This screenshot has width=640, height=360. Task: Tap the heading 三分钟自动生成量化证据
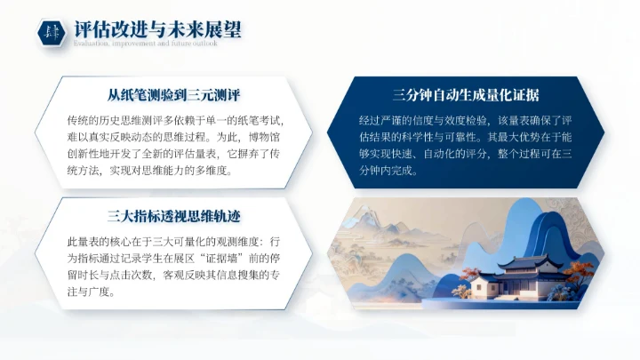pyautogui.click(x=466, y=94)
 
